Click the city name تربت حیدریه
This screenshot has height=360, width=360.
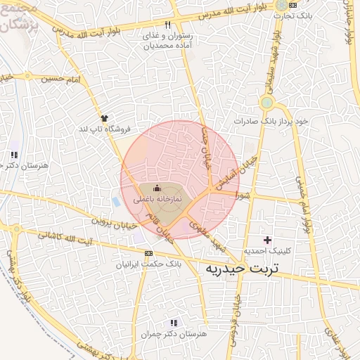[241, 269]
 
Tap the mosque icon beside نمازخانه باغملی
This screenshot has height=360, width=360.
[157, 188]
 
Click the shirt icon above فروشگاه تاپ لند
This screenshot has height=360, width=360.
[105, 118]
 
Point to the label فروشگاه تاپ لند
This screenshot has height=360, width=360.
[105, 129]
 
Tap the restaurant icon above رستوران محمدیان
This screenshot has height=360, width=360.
[168, 25]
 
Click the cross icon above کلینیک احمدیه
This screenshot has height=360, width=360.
[267, 240]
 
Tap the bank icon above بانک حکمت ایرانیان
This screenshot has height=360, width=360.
[148, 252]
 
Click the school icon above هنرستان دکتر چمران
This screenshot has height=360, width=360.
[174, 323]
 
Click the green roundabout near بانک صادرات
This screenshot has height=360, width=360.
[266, 103]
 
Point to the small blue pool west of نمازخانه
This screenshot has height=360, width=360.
[116, 202]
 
